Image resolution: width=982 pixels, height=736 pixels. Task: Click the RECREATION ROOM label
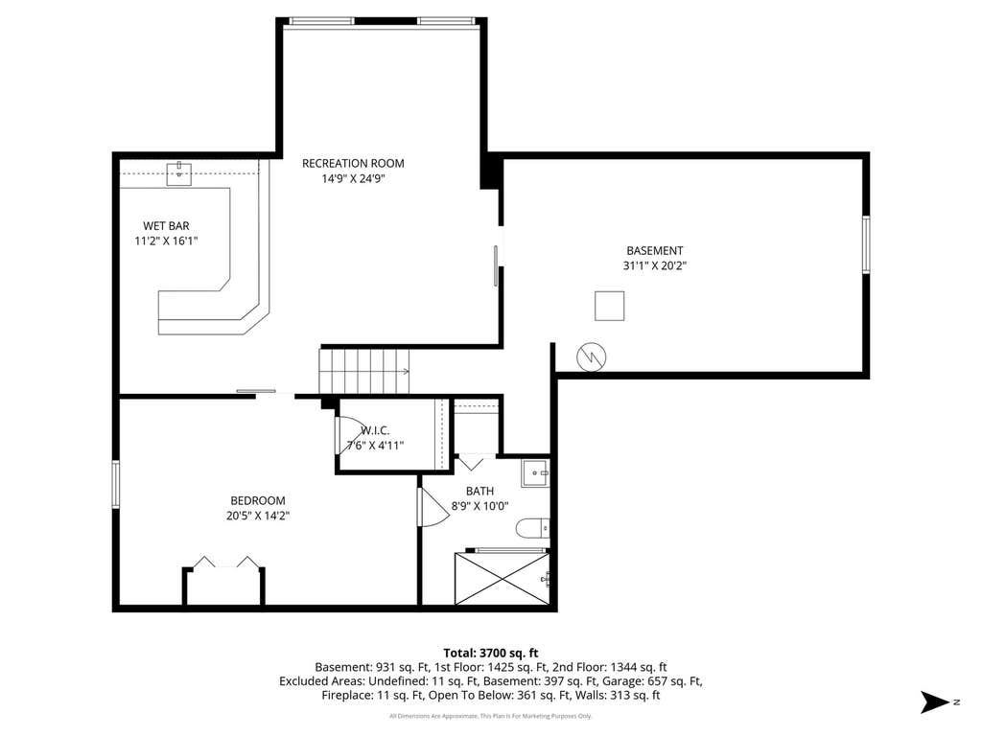(353, 163)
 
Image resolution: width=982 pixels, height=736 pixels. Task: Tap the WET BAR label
(166, 226)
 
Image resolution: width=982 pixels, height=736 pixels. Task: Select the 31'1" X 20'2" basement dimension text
(655, 265)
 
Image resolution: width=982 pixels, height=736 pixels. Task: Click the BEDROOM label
(258, 500)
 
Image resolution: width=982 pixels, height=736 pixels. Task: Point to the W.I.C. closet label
(375, 430)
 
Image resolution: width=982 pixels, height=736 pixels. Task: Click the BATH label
(479, 492)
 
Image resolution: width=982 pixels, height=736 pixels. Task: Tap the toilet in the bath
(533, 528)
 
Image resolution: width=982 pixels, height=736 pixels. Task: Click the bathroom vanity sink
(535, 473)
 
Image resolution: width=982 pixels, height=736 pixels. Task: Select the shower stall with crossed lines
(503, 579)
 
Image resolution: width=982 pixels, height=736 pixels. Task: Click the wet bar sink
(179, 174)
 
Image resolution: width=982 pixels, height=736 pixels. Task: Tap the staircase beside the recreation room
(363, 371)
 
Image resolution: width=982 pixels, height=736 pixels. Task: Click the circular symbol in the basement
(591, 357)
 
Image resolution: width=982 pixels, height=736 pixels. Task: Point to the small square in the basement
(609, 306)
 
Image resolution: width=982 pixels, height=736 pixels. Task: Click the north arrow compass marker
(936, 701)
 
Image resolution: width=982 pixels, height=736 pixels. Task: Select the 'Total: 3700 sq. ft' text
(491, 654)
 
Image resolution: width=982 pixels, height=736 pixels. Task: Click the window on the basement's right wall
(866, 244)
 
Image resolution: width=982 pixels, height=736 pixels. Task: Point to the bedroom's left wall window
(116, 484)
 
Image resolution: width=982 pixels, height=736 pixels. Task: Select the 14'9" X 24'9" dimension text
(353, 179)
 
